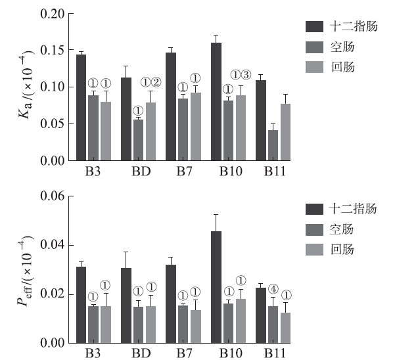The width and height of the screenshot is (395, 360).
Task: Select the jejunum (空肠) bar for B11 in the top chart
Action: click(x=273, y=145)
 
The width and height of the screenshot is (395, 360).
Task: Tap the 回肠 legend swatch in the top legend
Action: click(x=315, y=66)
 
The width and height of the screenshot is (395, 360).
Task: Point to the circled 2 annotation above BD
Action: click(x=156, y=82)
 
